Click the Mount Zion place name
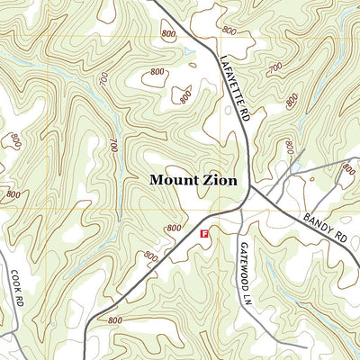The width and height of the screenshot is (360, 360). coord(193,180)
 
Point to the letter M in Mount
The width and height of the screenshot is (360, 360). coord(156,180)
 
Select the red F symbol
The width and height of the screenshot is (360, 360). coord(204,233)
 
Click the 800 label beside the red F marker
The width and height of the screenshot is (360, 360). coord(174,229)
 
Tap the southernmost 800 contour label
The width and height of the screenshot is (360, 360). coord(114,320)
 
